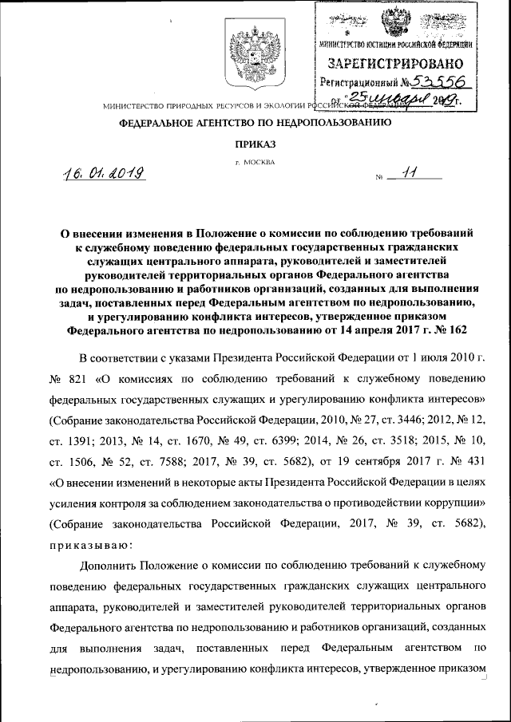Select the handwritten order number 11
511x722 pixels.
coord(410,173)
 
